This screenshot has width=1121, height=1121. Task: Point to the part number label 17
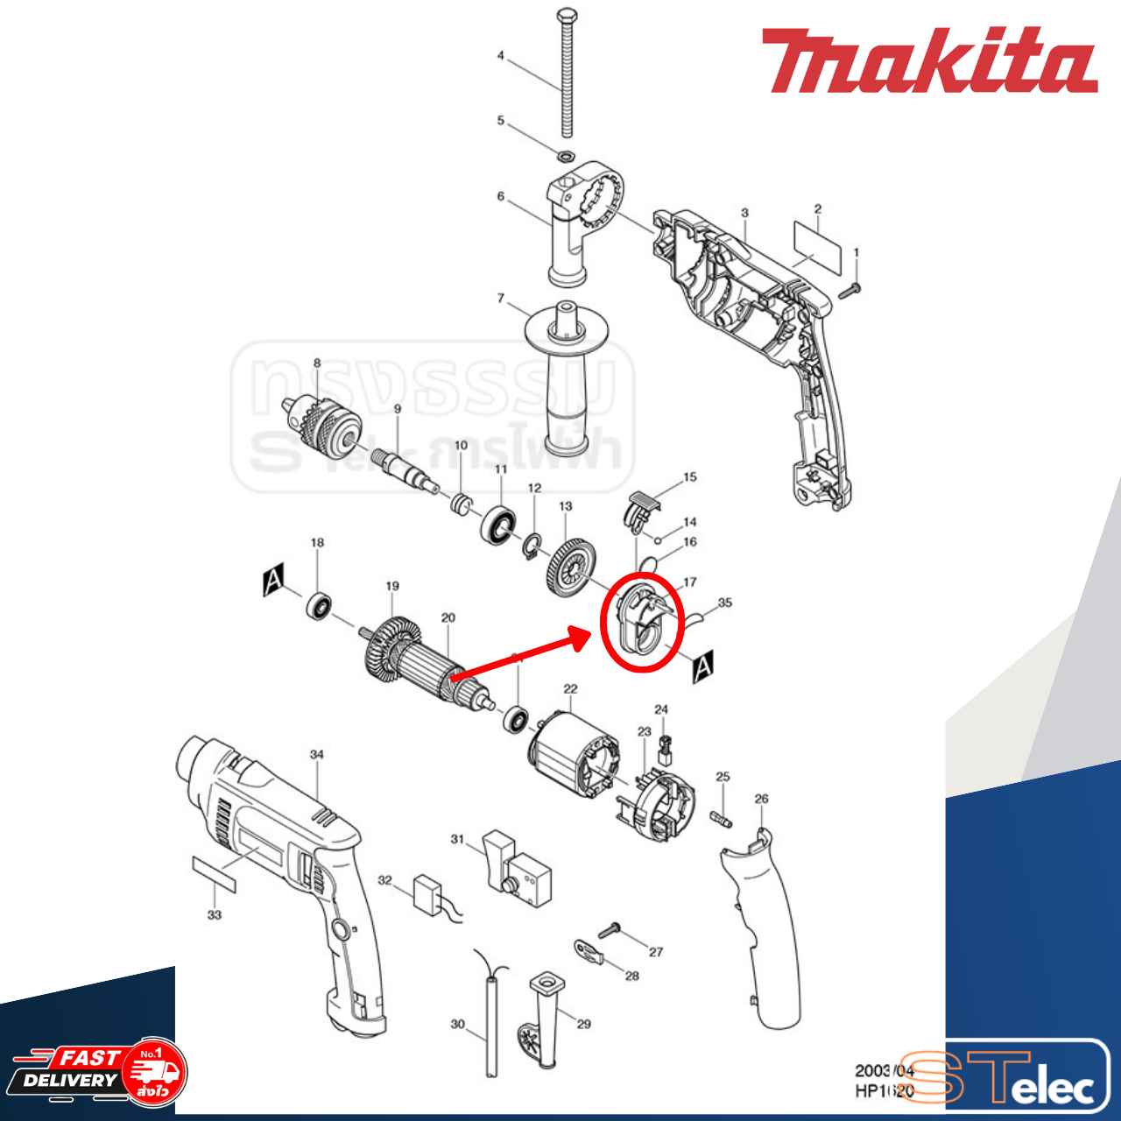(x=690, y=582)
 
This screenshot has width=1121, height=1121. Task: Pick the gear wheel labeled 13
(x=571, y=568)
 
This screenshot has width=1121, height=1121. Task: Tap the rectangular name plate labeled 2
(x=817, y=246)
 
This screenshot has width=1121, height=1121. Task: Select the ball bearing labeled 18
(x=320, y=605)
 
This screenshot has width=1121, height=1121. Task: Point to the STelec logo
(x=1007, y=1078)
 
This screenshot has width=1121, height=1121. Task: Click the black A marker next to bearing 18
(x=273, y=581)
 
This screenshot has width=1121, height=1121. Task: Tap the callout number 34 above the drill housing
(x=317, y=754)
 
